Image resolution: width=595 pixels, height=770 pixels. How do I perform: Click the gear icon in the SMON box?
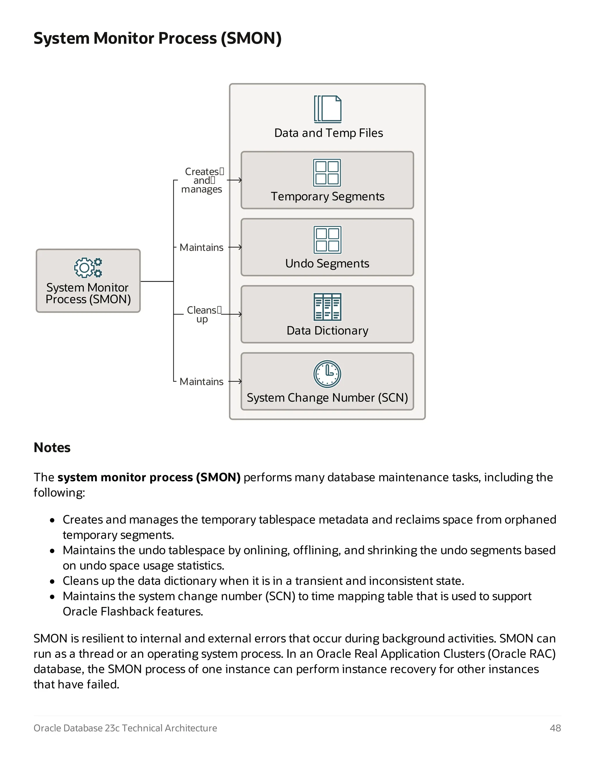(88, 268)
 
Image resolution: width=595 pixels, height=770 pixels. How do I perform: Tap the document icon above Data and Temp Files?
(327, 109)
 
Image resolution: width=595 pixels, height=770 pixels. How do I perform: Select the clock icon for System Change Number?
(327, 374)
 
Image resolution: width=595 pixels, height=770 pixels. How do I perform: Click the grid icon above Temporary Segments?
(327, 173)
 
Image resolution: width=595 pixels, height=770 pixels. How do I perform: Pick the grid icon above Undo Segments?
(327, 240)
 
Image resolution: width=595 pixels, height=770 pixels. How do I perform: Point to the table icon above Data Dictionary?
(327, 307)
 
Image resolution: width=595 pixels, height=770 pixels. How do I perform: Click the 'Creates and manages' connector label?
(202, 180)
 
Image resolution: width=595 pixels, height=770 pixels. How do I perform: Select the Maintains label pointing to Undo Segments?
(201, 248)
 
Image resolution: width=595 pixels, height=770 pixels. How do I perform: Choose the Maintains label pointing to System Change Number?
(201, 382)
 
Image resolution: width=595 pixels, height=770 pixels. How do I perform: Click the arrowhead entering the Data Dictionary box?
(240, 314)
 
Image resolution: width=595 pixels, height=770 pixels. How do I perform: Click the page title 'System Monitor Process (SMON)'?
(157, 38)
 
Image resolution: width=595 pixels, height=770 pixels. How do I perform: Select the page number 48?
(555, 728)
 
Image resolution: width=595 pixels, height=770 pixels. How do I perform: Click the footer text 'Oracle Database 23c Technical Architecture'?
(125, 728)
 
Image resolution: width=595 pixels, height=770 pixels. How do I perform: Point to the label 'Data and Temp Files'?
(329, 133)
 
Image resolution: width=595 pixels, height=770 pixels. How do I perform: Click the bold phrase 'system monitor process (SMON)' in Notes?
(149, 477)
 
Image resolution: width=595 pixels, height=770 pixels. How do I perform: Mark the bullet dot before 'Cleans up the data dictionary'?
(52, 581)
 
